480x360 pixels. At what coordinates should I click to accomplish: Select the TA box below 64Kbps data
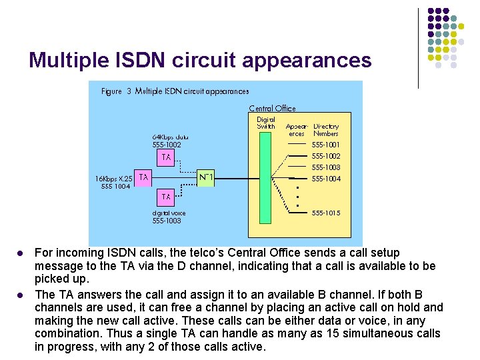point(166,157)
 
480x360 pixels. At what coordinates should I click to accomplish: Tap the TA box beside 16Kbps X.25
point(143,177)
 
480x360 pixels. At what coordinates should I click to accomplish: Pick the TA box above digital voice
point(166,197)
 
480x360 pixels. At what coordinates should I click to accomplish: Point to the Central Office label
point(272,108)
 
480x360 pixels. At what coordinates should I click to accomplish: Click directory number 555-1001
point(326,145)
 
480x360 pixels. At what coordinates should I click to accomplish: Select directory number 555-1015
point(326,213)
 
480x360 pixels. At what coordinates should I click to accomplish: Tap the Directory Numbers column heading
point(326,129)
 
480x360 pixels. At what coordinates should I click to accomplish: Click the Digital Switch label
point(266,123)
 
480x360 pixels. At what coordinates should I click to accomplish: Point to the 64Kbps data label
point(170,137)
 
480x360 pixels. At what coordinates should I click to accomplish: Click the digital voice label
point(169,213)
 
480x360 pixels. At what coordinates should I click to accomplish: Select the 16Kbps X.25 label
point(113,179)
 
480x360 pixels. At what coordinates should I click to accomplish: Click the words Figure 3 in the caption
point(116,91)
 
